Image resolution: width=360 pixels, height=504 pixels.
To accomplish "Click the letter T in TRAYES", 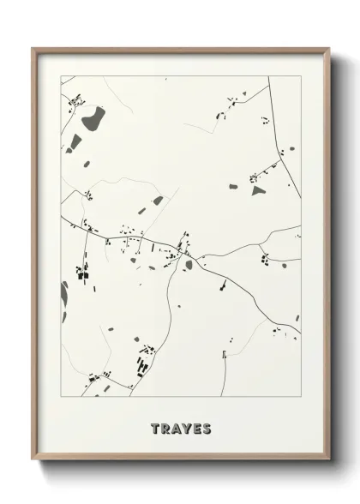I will coord(155,427).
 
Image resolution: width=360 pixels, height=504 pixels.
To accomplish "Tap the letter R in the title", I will coord(165,427).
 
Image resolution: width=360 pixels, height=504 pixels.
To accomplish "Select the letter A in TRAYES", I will coord(176,427).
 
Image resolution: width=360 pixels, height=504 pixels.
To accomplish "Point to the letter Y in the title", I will coord(186,427).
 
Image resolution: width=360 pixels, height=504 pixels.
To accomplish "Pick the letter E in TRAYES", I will coord(196,427).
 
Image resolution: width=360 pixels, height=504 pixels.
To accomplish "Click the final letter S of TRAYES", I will coord(207,427).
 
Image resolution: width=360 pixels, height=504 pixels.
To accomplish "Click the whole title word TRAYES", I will coord(181,427).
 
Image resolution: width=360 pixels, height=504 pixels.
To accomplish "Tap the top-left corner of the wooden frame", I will coord(33,48).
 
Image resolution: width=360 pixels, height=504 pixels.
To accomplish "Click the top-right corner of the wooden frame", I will coord(328,48).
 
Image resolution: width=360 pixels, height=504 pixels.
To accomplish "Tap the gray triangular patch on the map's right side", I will coord(259,190).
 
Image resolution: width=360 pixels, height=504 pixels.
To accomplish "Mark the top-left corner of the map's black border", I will coord(61,76).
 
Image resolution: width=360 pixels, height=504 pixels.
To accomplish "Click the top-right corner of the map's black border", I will coord(301,76).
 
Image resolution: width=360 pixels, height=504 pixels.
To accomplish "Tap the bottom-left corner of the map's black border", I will coord(61,396).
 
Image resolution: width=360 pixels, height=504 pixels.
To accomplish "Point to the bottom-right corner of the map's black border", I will coord(301,396).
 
